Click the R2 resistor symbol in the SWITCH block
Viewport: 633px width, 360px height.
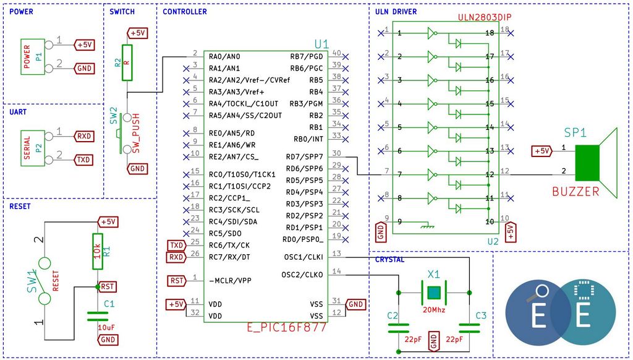(127, 62)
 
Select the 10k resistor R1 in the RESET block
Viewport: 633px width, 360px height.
(97, 251)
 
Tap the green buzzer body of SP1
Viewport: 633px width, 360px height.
(587, 163)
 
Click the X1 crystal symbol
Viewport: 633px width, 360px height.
(434, 293)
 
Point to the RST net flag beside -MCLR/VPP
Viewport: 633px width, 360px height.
(177, 280)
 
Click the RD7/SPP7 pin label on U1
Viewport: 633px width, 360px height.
(304, 156)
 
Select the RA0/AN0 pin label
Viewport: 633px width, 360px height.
(224, 56)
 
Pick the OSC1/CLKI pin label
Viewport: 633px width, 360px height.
(304, 257)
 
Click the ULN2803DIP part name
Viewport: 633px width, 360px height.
(485, 17)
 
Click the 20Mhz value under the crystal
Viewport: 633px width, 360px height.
(434, 310)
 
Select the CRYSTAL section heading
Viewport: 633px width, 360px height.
(389, 260)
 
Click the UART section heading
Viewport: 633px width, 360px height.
(18, 112)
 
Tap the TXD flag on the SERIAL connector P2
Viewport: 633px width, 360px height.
(83, 160)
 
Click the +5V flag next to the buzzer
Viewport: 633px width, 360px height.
(542, 151)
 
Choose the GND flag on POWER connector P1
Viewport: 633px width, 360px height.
(84, 68)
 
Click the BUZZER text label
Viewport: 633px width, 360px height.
(576, 192)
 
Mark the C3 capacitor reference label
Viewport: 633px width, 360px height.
(481, 315)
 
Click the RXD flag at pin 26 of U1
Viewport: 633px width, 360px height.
(176, 257)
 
